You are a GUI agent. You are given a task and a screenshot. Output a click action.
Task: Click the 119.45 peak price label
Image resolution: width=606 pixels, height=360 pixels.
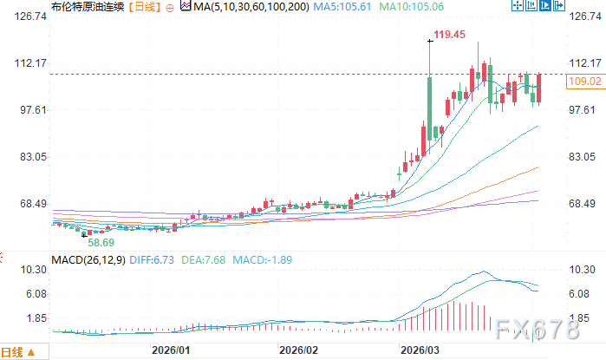coord(450,35)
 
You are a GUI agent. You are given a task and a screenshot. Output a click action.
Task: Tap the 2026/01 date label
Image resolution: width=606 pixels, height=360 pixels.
coord(170,351)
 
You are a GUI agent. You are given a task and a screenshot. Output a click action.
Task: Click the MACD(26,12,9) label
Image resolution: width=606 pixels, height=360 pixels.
coord(88,259)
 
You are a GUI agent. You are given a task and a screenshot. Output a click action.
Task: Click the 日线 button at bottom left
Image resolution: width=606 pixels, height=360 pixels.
coord(17,352)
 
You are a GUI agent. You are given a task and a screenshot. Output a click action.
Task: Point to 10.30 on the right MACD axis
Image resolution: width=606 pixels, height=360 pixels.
coord(583,271)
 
